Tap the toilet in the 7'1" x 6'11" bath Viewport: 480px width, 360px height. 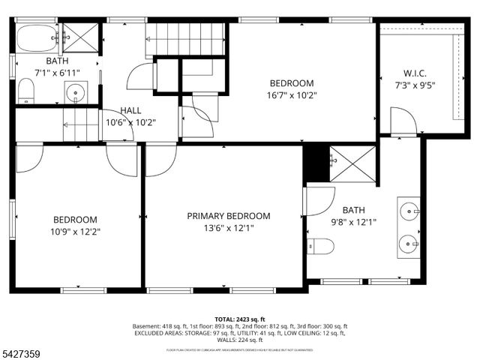tap(25, 92)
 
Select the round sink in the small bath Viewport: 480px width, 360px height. tap(75, 93)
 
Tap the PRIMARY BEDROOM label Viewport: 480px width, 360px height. tap(229, 216)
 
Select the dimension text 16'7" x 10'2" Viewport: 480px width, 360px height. tap(292, 95)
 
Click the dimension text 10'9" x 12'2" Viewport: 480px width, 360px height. tap(75, 232)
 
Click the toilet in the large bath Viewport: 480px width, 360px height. tap(321, 246)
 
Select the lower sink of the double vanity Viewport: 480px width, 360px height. tap(409, 242)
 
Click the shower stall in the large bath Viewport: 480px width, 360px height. tap(353, 163)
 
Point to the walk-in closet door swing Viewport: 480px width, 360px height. tap(402, 121)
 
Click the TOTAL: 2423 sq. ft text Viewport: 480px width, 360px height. tap(240, 319)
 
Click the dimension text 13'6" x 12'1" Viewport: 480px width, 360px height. tap(229, 228)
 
